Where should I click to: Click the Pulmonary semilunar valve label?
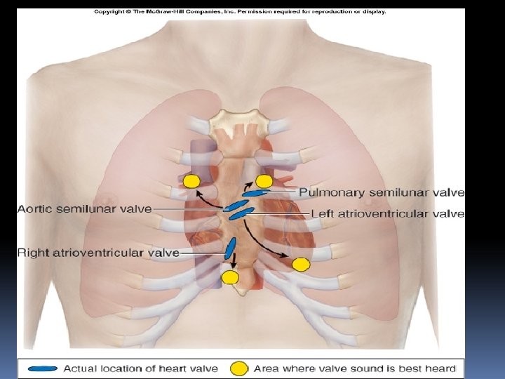(382, 192)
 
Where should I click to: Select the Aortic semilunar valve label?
(84, 208)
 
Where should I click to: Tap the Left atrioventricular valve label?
(387, 213)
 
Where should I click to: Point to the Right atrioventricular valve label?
(98, 252)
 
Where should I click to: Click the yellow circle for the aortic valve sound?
(191, 181)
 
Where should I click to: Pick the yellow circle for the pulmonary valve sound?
(264, 180)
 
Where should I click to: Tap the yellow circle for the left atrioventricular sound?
(301, 265)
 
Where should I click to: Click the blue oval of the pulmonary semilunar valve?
(257, 192)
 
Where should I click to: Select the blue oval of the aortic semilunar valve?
(234, 207)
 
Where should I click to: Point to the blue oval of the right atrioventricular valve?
(229, 247)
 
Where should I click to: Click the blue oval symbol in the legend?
(43, 368)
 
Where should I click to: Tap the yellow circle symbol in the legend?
(240, 368)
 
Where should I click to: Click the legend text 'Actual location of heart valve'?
(140, 368)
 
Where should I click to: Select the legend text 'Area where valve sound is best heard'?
(354, 368)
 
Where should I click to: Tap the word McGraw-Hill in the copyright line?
(175, 11)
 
